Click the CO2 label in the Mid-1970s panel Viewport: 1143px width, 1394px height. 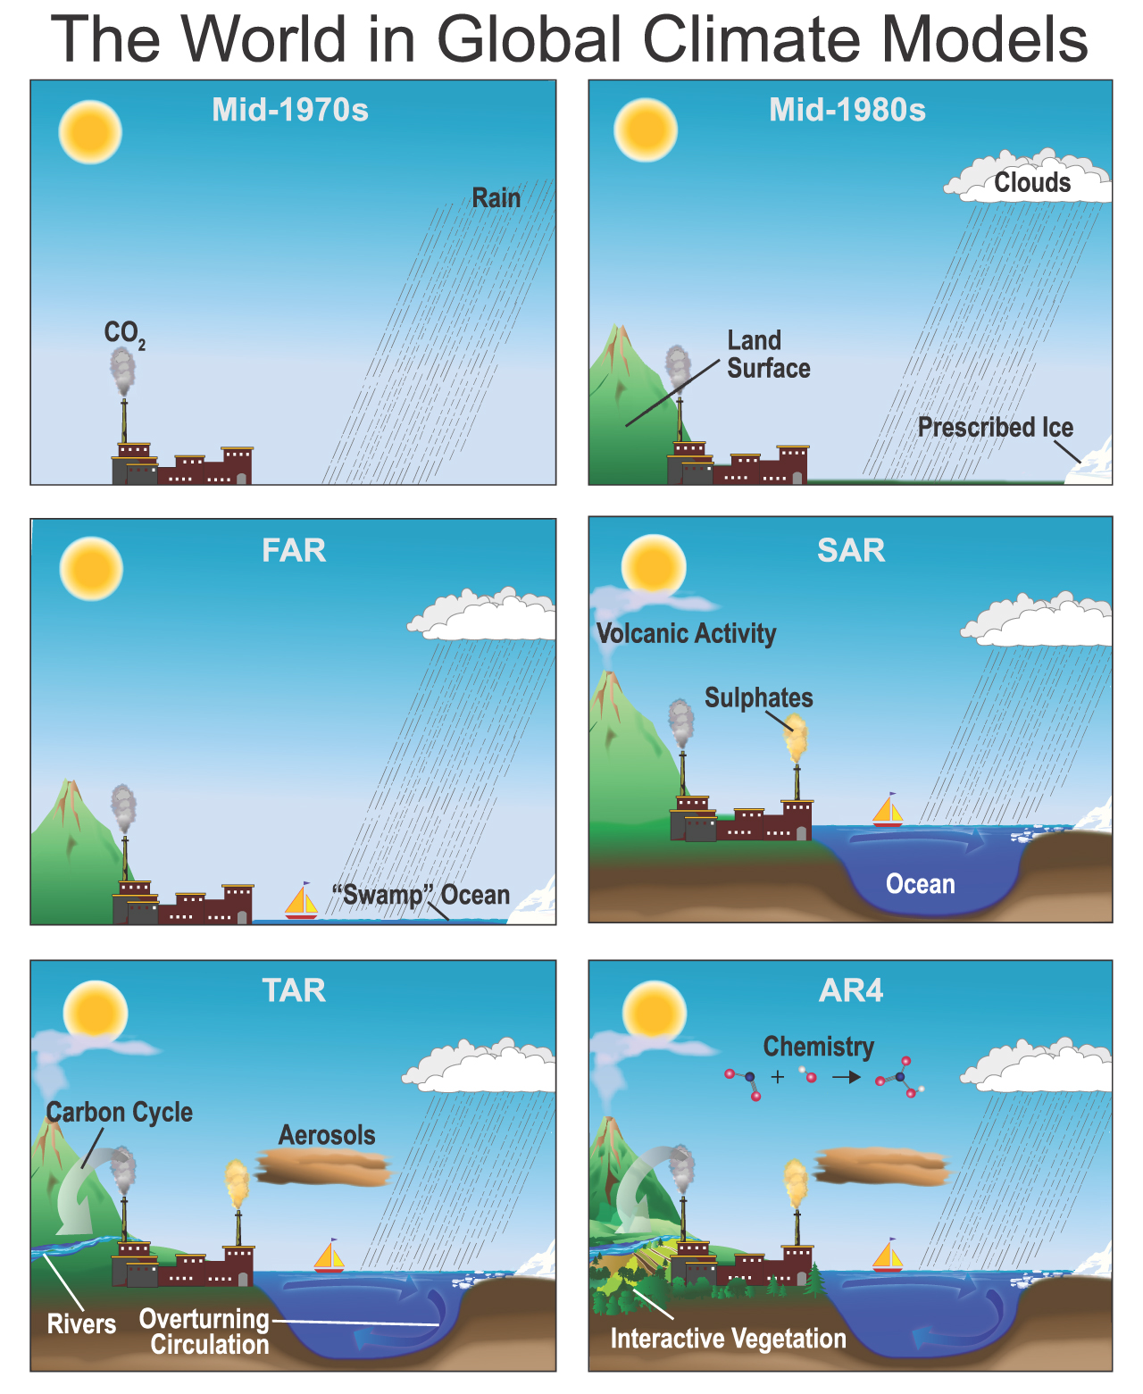click(124, 335)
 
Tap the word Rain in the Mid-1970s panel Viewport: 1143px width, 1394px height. click(496, 197)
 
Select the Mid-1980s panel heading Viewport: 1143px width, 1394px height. click(847, 110)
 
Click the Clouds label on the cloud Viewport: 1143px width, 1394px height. click(1032, 182)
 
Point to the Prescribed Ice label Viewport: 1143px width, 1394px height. click(995, 427)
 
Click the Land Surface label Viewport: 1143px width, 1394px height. click(768, 355)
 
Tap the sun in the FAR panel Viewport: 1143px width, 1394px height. click(91, 569)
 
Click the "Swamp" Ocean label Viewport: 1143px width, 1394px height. click(421, 895)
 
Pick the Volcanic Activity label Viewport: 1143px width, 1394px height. click(686, 633)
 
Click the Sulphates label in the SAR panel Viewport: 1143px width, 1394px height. click(758, 698)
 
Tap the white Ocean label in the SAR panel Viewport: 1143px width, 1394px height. click(921, 884)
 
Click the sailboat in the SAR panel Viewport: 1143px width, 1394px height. click(888, 810)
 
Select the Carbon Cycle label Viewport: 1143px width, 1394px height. click(120, 1113)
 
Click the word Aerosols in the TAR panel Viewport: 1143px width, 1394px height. click(327, 1135)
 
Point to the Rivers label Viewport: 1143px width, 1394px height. click(81, 1324)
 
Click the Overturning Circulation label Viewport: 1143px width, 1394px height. click(204, 1331)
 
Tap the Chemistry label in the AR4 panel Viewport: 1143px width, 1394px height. click(819, 1047)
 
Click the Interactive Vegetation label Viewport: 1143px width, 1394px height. click(728, 1339)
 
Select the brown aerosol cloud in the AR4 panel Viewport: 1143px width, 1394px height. click(882, 1166)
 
